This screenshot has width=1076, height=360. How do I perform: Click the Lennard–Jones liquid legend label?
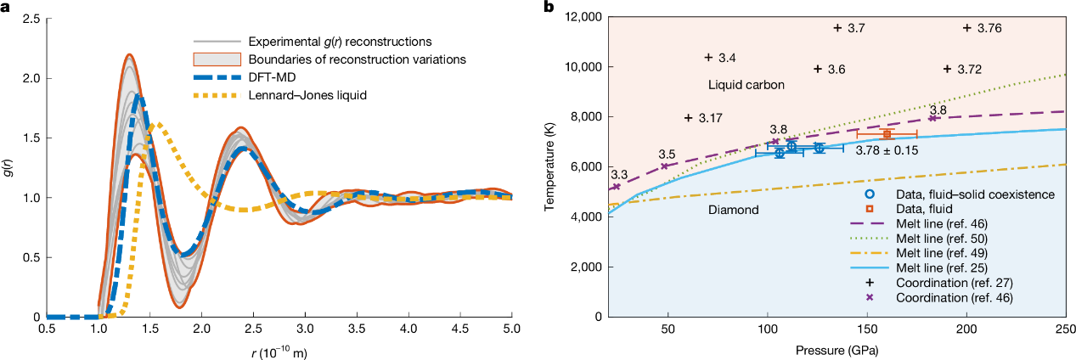(307, 94)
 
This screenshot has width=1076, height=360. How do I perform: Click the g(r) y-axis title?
(8, 167)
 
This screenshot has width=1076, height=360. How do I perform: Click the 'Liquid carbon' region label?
(745, 86)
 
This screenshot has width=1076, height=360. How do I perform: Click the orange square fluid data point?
(887, 134)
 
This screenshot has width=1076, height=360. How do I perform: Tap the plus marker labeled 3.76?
(967, 28)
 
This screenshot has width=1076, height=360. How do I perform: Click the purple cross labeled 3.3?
(617, 187)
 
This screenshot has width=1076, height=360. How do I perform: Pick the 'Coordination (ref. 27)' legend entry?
(960, 283)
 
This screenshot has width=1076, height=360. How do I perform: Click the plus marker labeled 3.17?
(689, 117)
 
